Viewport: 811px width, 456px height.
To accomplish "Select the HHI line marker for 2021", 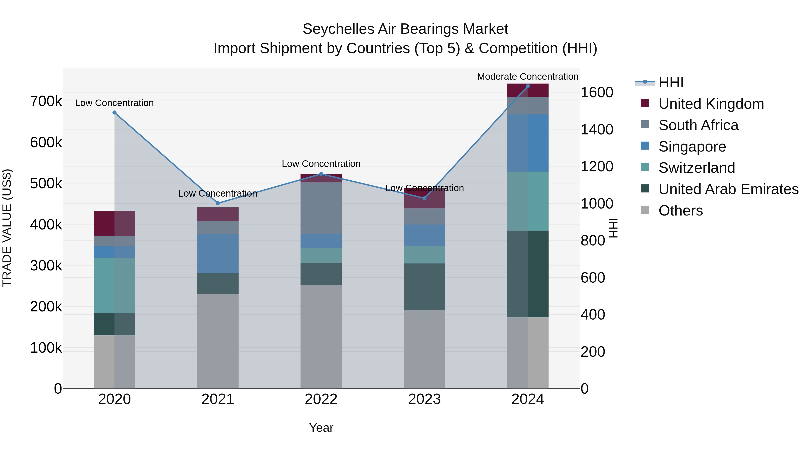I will coord(218,203).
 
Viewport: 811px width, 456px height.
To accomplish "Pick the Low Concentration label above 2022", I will coord(321,164).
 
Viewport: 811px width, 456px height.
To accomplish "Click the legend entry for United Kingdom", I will coord(711,104).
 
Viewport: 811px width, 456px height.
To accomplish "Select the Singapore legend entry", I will coord(692,147).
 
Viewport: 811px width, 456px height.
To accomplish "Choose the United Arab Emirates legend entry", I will coord(728,189).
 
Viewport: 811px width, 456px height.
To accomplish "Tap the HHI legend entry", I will coord(671,82).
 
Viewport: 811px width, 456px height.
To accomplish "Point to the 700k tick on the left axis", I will coord(46,101).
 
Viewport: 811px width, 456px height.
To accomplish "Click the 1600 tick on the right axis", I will coord(597,93).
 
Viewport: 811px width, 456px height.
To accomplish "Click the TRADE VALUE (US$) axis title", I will coord(7,228).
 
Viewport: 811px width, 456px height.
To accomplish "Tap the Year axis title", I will coord(321,428).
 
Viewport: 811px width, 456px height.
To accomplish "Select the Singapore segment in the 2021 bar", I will coord(218,254).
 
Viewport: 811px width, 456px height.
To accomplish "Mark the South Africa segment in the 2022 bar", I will coord(321,208).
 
